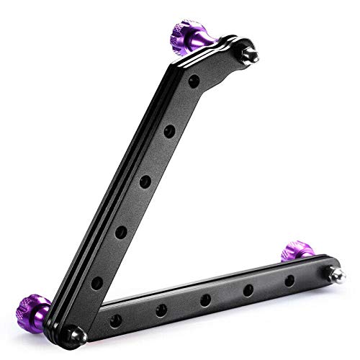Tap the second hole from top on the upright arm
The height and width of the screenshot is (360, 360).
(169, 131)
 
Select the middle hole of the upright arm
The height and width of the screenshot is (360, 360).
(145, 180)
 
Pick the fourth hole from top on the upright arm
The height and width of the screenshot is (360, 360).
(121, 231)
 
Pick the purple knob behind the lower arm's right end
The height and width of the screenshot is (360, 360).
(294, 251)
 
